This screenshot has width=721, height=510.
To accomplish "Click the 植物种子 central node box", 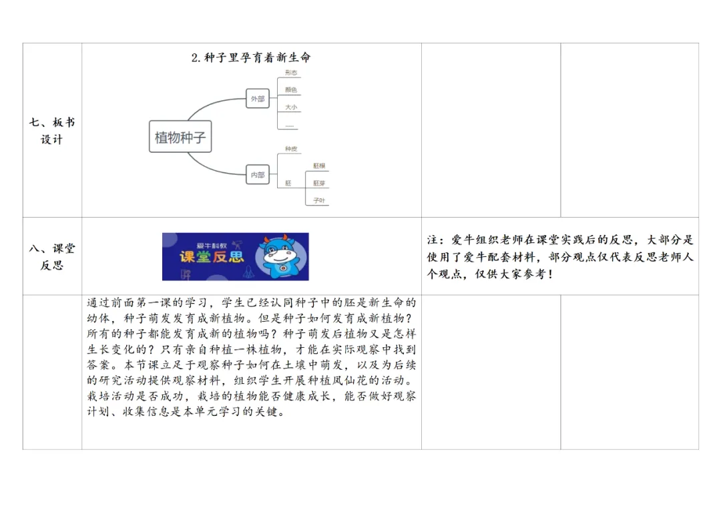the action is coord(180,138).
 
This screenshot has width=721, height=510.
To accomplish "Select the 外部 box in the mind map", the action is coord(257,99).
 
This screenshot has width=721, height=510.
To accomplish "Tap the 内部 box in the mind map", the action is coord(257,175).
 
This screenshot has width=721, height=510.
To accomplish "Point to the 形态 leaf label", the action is coord(291,73).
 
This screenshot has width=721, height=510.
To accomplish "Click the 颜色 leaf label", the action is coord(291,89).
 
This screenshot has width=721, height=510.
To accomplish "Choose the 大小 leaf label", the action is coord(291,107).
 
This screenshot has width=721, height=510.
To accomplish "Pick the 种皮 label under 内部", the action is coord(291,149).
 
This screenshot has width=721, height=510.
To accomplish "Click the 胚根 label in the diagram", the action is coord(319,166).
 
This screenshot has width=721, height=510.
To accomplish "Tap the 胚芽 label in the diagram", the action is coord(319,183).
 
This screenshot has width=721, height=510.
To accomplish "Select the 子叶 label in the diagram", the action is coord(319,200).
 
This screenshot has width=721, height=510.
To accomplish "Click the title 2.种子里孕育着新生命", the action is coord(251,57).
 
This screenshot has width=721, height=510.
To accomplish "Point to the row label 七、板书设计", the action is coord(52,131).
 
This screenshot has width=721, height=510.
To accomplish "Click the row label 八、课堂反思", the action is coord(52,256).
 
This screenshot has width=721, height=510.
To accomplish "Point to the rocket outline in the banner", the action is coord(250,273).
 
